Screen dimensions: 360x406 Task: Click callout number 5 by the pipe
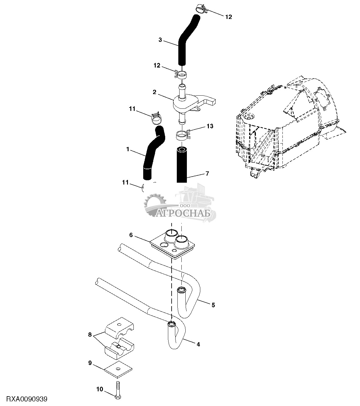click(x=213, y=305)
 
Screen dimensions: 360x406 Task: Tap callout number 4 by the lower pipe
click(x=198, y=345)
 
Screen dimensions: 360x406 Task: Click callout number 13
click(x=210, y=126)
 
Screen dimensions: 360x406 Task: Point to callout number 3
click(x=160, y=40)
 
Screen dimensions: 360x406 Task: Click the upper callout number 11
click(x=132, y=109)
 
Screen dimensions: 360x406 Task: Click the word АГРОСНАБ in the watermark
click(x=183, y=214)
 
